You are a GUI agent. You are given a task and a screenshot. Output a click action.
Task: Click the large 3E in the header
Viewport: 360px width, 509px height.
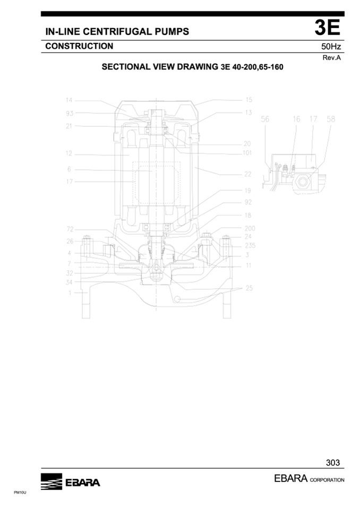click(327, 28)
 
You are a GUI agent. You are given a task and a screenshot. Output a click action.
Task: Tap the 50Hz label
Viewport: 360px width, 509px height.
click(331, 46)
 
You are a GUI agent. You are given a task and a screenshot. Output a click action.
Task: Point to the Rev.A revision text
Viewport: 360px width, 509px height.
click(332, 58)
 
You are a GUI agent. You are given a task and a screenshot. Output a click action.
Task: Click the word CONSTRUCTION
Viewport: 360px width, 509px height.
click(79, 46)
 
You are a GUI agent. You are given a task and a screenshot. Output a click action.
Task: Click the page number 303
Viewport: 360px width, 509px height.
click(333, 463)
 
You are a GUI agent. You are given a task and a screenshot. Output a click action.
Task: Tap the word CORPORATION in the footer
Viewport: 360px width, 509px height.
click(327, 480)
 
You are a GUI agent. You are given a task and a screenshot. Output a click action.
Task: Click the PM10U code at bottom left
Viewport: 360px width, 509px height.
click(20, 493)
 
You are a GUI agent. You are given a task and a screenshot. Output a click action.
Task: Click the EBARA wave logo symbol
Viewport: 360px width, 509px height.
click(52, 481)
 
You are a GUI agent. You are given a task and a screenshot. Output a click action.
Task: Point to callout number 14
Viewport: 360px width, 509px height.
click(69, 100)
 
